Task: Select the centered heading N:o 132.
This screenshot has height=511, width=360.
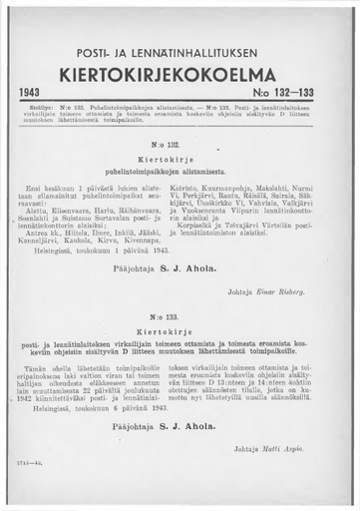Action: tap(180, 145)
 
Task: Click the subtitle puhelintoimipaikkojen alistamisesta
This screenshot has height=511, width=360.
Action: tap(180, 172)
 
